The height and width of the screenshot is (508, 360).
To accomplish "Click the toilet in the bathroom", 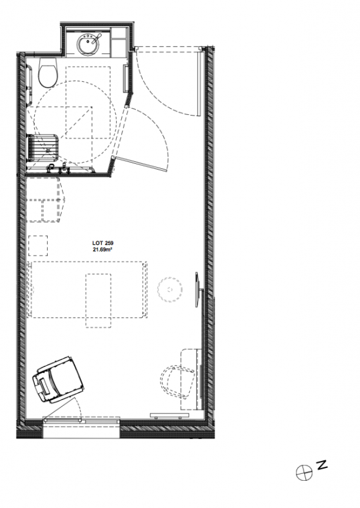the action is coord(48,72).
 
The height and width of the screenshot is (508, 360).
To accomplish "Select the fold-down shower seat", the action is coord(43,147).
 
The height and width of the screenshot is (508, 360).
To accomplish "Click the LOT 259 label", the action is coord(103,243).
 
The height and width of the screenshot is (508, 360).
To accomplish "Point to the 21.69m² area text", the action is coord(103,250).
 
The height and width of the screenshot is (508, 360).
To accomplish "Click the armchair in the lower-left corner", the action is coord(58,379).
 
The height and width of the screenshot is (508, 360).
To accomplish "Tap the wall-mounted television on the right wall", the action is coord(198,290).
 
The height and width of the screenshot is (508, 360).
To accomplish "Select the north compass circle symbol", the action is coord(304,472).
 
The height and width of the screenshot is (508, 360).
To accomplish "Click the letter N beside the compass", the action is coord(322,465).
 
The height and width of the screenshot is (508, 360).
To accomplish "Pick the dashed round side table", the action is coord(170,290).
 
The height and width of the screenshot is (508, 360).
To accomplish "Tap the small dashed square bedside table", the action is coord(38,246).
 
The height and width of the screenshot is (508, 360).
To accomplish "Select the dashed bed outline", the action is coord(87,290).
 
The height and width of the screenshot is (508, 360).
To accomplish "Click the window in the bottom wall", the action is coord(81,420).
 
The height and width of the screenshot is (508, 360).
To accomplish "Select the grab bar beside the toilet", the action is coord(29,85).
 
